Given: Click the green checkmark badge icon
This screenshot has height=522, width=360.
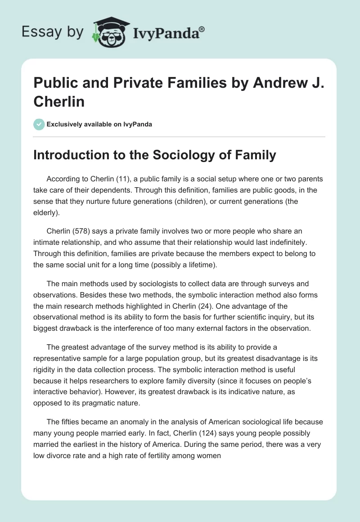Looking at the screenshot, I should coord(39,124).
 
